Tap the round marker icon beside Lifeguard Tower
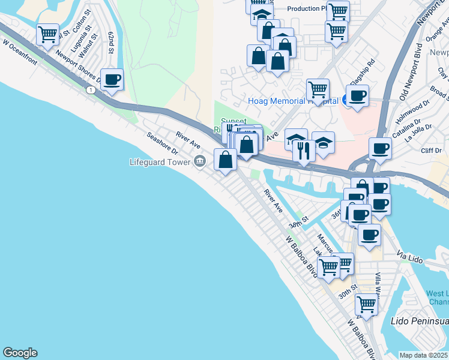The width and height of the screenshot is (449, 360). click(x=200, y=161)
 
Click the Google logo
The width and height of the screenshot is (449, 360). click(x=20, y=353)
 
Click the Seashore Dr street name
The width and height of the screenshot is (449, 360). click(x=163, y=142)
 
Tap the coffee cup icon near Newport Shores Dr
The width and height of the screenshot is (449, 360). click(x=112, y=79)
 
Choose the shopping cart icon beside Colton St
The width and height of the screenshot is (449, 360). click(x=47, y=33)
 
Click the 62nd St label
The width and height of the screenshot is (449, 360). click(x=111, y=43)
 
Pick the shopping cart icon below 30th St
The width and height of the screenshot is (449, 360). click(x=366, y=304)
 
